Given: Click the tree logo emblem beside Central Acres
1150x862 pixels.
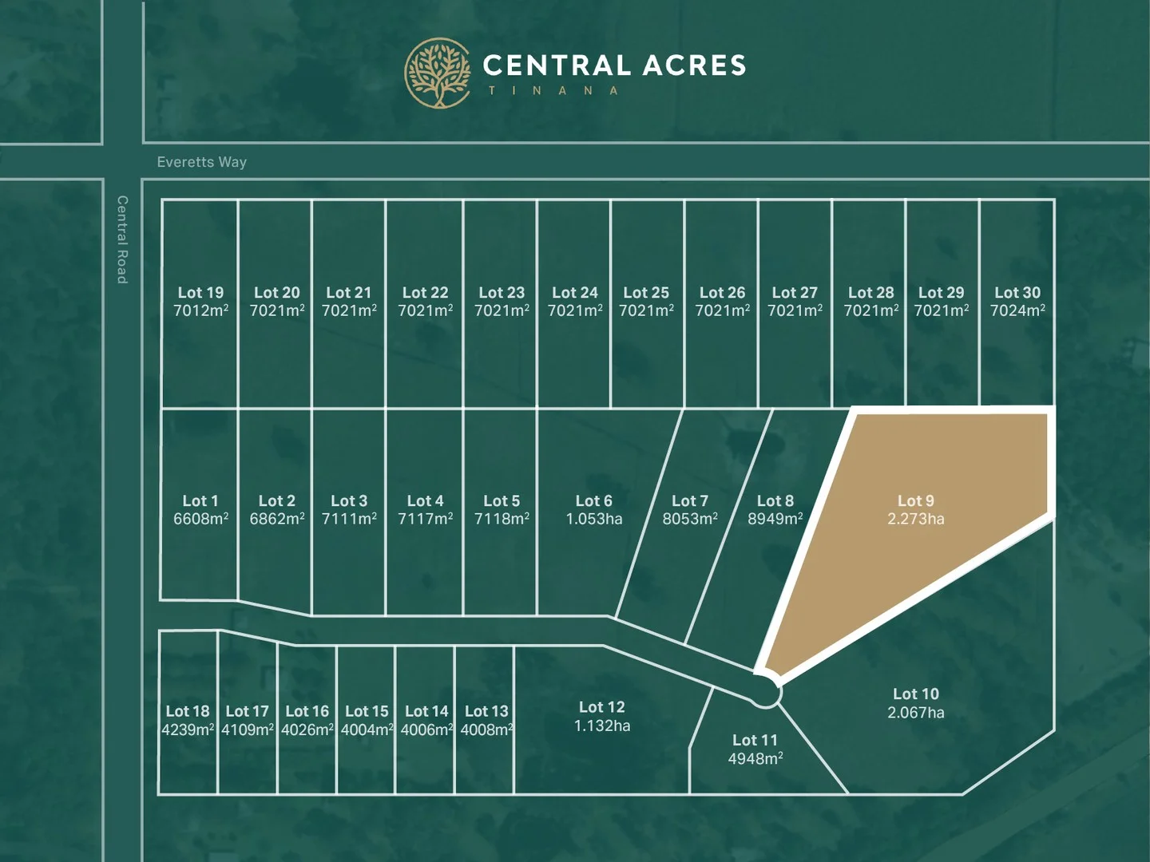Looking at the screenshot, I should point(438,73).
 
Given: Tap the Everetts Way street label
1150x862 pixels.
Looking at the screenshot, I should point(202,162).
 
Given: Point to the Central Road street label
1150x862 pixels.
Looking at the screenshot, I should point(122,239).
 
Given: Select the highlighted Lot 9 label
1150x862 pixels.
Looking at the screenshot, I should point(915,500).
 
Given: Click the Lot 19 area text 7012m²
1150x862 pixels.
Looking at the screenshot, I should point(200,310).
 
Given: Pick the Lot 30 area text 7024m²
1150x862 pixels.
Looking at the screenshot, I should point(1017,310).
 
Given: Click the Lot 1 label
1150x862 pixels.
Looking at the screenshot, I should point(200,500).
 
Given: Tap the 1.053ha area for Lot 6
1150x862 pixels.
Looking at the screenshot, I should point(594,519).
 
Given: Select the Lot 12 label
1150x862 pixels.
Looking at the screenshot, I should point(601,707).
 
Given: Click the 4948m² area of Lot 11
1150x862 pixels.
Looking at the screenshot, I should point(755,758).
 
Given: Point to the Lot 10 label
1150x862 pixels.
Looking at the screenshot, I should point(915,694).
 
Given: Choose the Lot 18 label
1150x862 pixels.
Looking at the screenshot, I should point(188,711).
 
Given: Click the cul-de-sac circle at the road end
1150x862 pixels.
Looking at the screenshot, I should point(765,692).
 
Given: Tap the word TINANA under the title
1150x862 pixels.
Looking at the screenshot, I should point(553,91).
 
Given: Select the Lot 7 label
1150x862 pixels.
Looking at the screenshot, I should point(690,500).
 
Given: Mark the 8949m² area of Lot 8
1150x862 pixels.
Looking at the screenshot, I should point(775,519).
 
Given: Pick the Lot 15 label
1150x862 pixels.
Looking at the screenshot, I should point(367,711).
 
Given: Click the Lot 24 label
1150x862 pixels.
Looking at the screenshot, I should point(575,293).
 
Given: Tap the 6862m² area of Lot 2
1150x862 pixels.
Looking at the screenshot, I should point(277,519).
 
